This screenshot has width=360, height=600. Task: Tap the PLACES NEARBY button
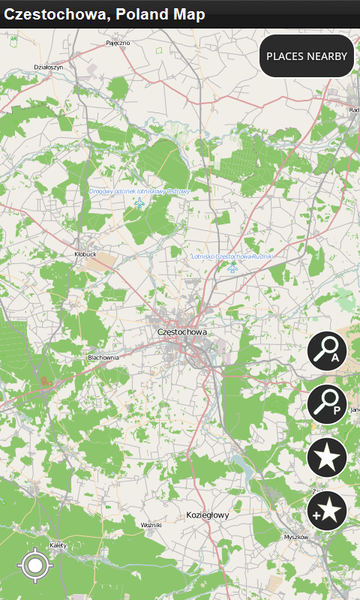click(307, 56)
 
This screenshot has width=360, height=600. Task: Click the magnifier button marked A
click(327, 350)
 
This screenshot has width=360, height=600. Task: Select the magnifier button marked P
click(327, 405)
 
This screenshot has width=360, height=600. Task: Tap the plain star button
click(327, 457)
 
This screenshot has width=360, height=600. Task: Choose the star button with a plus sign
click(327, 511)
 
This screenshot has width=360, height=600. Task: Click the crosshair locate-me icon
click(35, 565)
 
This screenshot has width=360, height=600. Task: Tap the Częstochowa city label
click(182, 331)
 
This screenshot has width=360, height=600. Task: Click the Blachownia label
click(103, 358)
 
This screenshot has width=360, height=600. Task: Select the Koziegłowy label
click(208, 515)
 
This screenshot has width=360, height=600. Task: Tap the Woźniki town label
click(151, 525)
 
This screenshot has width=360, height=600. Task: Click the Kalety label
click(58, 544)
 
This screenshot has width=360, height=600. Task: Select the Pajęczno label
click(118, 43)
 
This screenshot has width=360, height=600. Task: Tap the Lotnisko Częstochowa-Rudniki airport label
click(232, 256)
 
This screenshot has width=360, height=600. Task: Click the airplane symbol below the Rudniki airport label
click(232, 267)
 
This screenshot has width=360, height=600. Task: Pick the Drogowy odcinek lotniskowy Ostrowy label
click(139, 191)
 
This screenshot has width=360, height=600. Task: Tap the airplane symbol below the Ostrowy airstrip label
click(139, 203)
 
